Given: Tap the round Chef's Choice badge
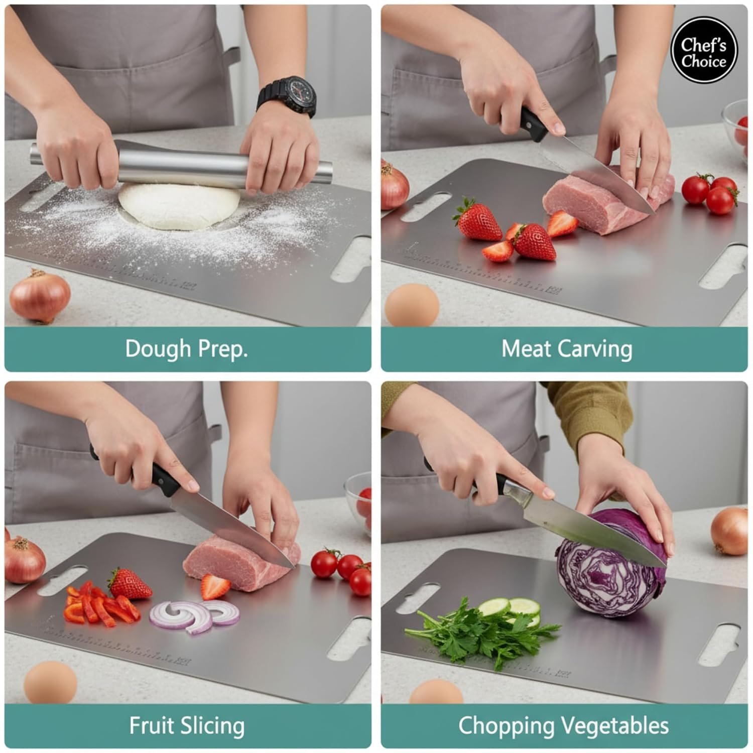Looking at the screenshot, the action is coord(704,53).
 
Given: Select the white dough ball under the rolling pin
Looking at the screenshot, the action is coord(179,206).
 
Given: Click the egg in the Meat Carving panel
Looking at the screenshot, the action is coord(412,305).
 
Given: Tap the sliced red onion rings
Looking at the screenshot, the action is coord(195,615).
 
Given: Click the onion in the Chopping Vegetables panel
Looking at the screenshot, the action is coord(729,531).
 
